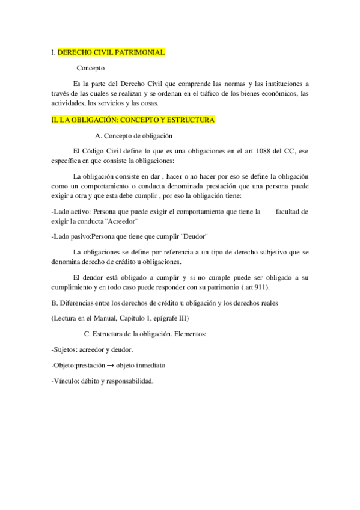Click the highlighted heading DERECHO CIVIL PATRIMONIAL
coord(111,53)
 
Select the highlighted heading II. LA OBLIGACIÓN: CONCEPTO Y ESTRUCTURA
coord(133,120)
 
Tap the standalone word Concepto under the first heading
coord(91,69)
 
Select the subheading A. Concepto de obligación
coord(134,136)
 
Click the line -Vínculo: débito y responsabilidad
coord(103,381)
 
